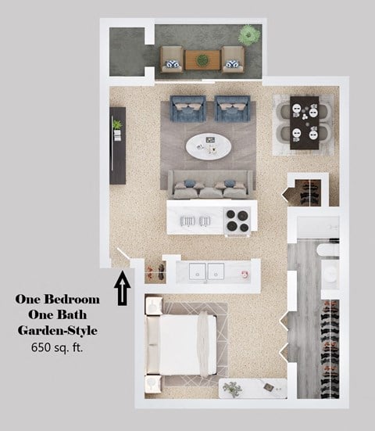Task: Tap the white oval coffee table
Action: [x=209, y=145]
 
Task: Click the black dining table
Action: [x=304, y=122]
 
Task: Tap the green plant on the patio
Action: [x=249, y=34]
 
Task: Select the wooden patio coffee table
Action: [x=203, y=58]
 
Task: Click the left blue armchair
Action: [x=187, y=109]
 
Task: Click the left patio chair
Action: [x=172, y=58]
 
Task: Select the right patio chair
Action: [x=233, y=58]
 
